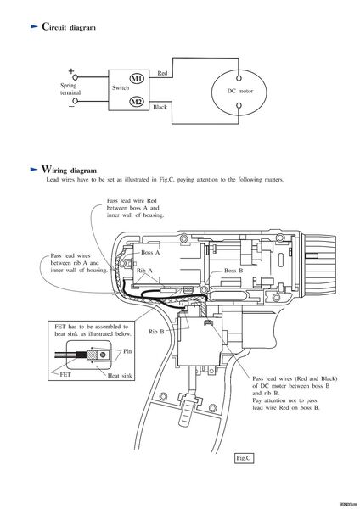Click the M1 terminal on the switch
click(137, 78)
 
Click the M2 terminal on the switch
click(137, 102)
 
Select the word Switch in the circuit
click(121, 87)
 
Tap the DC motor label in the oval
click(239, 91)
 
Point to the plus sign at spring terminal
click(71, 70)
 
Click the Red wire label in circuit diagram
click(162, 73)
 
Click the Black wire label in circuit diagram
click(160, 107)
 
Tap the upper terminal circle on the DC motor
click(239, 78)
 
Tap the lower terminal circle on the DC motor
click(239, 105)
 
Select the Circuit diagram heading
click(69, 27)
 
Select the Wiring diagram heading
click(69, 170)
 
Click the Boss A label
click(150, 252)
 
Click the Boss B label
click(233, 271)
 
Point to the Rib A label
click(144, 271)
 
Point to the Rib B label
click(156, 332)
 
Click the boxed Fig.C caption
click(244, 458)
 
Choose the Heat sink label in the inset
click(120, 376)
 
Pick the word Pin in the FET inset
click(127, 351)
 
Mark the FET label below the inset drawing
click(65, 374)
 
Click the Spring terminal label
click(70, 89)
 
